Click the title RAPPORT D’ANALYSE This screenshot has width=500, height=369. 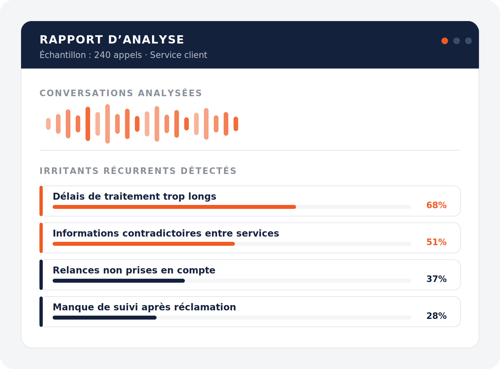112,40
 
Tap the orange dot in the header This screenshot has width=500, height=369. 445,41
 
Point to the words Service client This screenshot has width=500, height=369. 179,55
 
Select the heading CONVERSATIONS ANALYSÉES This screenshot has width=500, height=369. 121,93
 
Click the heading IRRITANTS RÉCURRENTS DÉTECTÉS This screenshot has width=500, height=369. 138,171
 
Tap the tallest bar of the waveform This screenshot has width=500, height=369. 108,124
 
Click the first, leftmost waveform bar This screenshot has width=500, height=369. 48,124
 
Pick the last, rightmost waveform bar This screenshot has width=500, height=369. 236,124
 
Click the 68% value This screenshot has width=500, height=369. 437,205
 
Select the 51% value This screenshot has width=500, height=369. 437,242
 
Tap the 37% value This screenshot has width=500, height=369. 437,279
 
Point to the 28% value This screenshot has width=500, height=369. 437,316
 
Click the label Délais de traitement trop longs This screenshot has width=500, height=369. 134,197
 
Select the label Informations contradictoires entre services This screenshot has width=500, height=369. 166,233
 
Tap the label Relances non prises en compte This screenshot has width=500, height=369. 134,270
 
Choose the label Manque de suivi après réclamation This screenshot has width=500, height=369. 144,307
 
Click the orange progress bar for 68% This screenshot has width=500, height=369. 174,207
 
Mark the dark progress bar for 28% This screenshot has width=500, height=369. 105,318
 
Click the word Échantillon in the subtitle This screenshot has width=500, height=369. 63,55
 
